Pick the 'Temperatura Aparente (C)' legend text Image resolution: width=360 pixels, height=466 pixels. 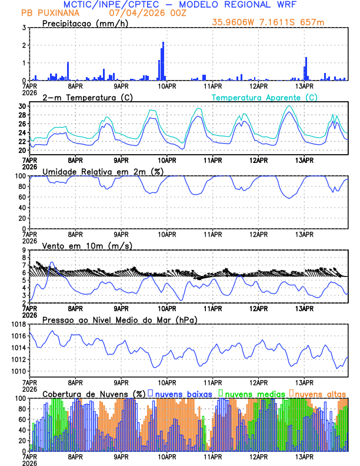[264, 97]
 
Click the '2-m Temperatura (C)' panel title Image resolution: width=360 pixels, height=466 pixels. [82, 97]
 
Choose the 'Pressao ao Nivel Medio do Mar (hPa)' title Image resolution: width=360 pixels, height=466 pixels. [120, 319]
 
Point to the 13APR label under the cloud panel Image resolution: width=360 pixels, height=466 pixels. [304, 456]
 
